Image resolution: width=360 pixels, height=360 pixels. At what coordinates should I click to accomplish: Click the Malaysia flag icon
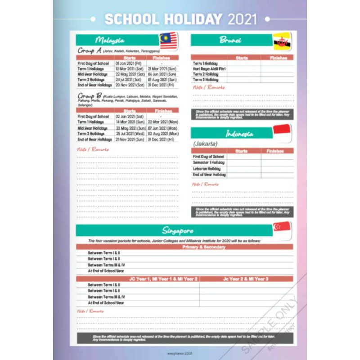coord(168,40)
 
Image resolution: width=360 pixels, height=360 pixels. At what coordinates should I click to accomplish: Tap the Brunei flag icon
coord(282,41)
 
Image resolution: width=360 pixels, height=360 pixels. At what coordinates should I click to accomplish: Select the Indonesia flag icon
coord(282,133)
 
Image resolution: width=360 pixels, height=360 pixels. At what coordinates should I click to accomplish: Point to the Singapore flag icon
coord(282,229)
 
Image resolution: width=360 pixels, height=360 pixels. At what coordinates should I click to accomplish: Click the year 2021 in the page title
coord(242,19)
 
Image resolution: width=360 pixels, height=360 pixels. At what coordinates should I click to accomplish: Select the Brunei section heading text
coord(230,40)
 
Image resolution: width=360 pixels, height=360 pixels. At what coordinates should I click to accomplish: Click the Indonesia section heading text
coord(239,134)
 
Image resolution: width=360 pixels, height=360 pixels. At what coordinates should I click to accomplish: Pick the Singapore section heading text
coord(178,231)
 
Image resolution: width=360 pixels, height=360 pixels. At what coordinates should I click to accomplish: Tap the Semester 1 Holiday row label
coord(209,162)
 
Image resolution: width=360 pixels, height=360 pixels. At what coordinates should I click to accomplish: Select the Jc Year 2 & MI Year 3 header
coord(246,279)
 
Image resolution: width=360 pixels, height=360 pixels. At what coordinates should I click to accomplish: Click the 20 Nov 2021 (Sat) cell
coord(130,85)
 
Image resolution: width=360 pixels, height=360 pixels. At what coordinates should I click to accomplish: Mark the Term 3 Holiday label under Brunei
coord(206,80)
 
